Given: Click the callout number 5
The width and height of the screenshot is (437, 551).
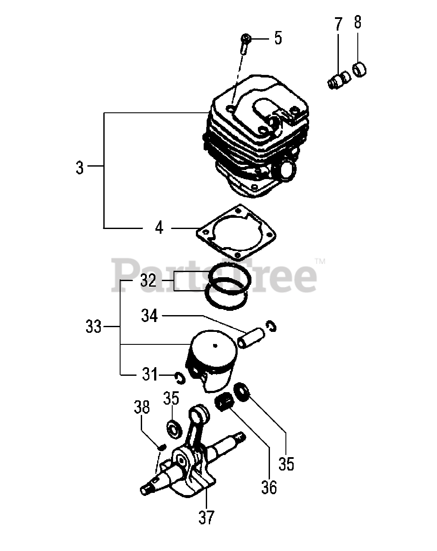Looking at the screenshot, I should (x=278, y=38).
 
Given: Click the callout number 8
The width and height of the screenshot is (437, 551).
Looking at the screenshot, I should (x=357, y=22).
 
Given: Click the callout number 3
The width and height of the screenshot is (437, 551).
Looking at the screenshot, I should (x=80, y=167).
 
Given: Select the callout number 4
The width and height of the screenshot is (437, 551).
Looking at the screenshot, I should (x=159, y=227).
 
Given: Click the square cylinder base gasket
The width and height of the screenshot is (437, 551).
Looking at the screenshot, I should (x=236, y=232).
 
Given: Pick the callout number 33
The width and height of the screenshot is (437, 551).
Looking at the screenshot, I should (x=93, y=327).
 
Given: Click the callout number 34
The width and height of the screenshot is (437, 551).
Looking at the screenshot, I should (x=149, y=316).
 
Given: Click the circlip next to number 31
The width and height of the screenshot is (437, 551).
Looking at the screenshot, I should (x=180, y=378).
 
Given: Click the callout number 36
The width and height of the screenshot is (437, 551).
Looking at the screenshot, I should (x=269, y=487).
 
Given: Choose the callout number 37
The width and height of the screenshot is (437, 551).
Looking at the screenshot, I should (x=206, y=517).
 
